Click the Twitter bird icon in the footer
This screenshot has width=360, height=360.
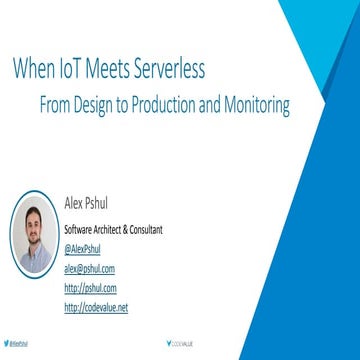(x=9, y=341)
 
